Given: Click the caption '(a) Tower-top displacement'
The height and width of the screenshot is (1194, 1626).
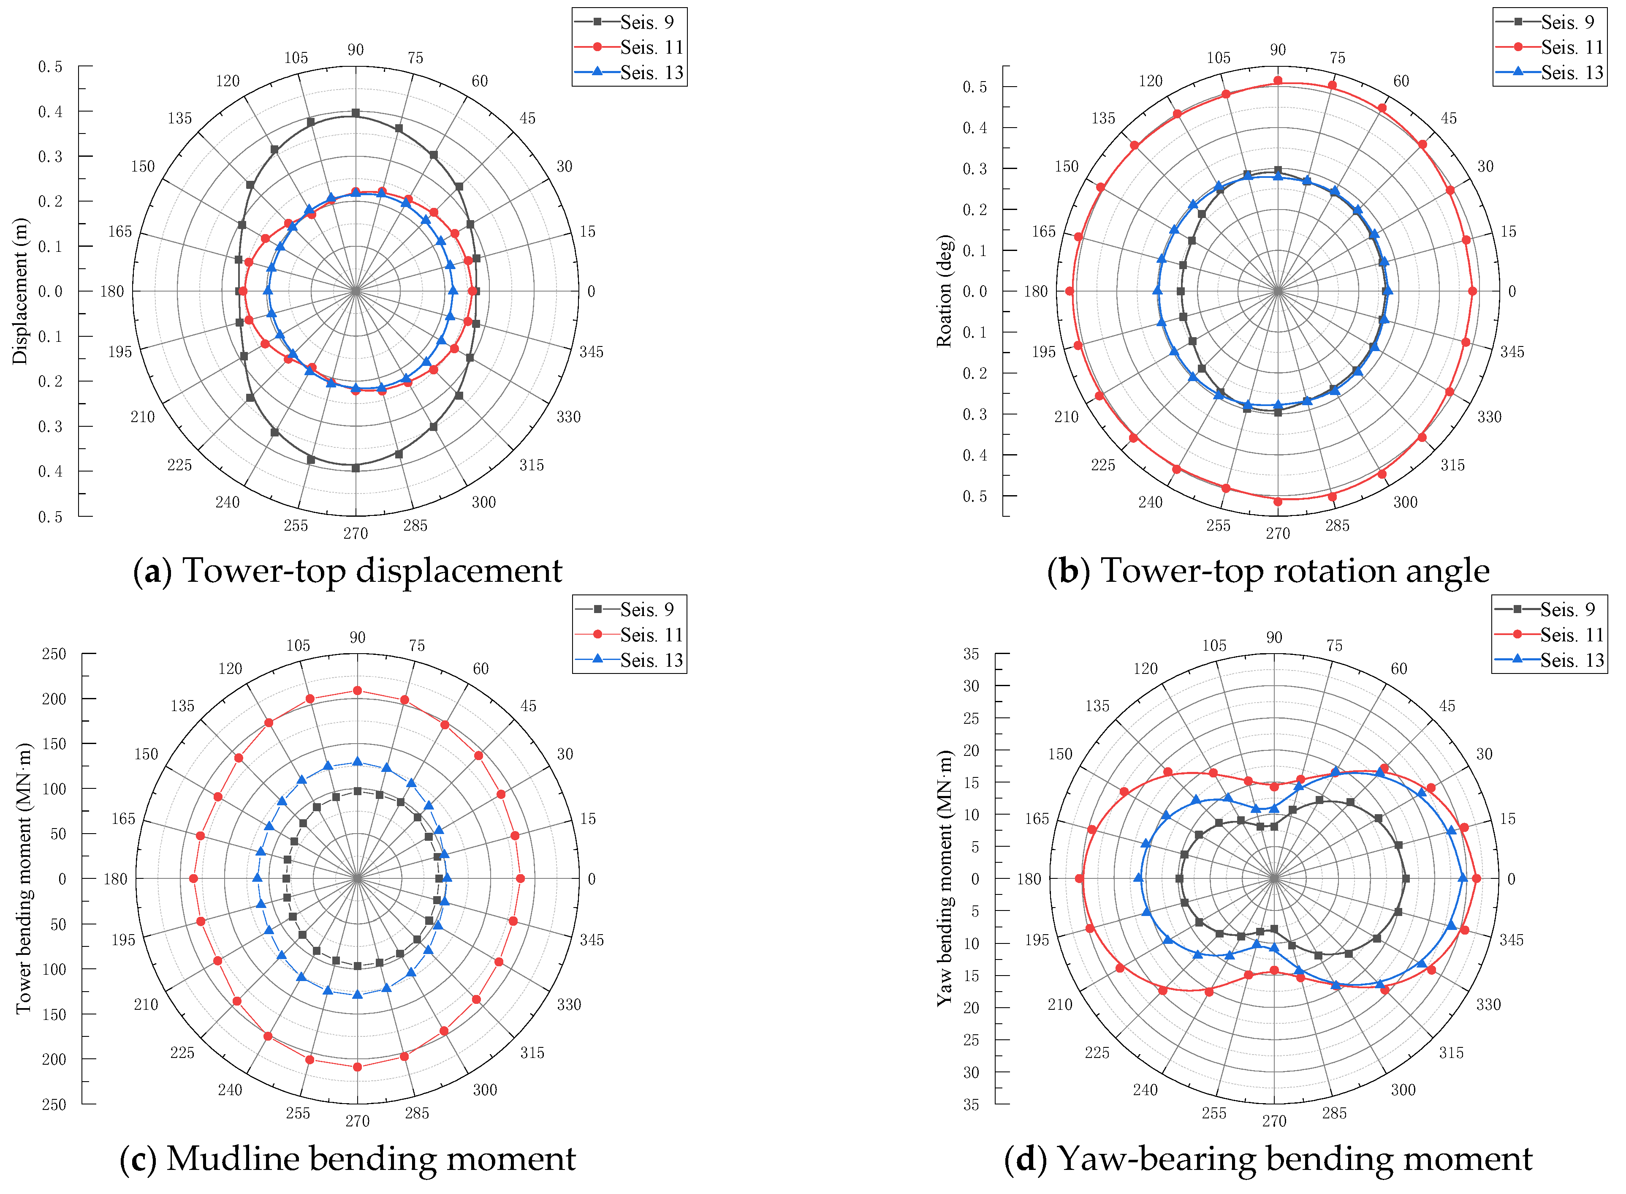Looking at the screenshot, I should pyautogui.click(x=347, y=571).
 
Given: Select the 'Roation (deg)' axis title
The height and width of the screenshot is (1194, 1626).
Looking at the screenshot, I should pyautogui.click(x=944, y=291).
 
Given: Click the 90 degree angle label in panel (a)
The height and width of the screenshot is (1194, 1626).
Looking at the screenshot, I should pyautogui.click(x=356, y=50).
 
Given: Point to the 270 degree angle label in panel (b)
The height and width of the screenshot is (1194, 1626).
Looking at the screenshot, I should pyautogui.click(x=1277, y=533).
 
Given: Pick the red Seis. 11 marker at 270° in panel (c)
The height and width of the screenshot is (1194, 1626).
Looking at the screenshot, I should pyautogui.click(x=357, y=1067).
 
